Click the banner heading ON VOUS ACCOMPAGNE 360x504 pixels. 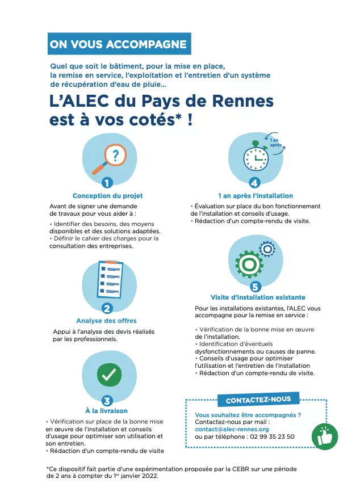click(119, 44)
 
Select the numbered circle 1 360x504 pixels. click(107, 182)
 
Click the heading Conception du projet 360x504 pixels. click(107, 196)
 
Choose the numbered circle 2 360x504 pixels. click(107, 308)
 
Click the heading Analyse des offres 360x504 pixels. click(106, 321)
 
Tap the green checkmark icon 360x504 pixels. click(109, 373)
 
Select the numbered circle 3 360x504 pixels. click(107, 400)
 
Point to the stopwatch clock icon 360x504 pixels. click(257, 158)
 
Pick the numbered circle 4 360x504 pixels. click(255, 183)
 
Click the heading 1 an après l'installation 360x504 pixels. click(256, 196)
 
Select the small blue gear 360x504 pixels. click(267, 248)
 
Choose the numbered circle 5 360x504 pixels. click(256, 286)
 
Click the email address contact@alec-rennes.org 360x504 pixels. click(232, 430)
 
